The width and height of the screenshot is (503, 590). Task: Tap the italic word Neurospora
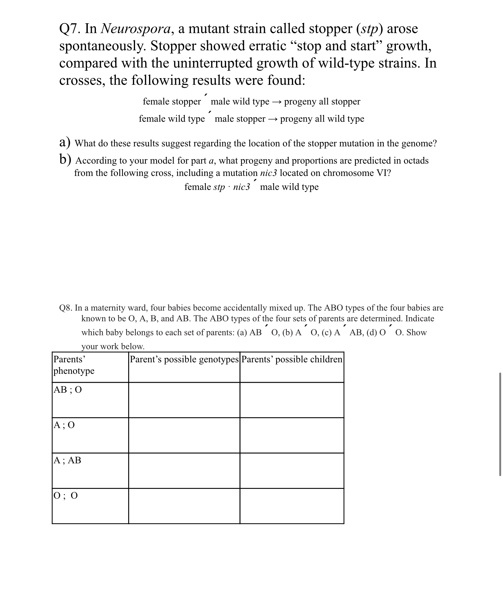pyautogui.click(x=136, y=29)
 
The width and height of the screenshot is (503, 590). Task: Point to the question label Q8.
pyautogui.click(x=66, y=308)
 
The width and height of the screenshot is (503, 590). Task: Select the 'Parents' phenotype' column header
pyautogui.click(x=74, y=365)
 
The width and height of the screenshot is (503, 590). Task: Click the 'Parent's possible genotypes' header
pyautogui.click(x=184, y=359)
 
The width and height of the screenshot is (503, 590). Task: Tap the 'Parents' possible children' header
pyautogui.click(x=292, y=359)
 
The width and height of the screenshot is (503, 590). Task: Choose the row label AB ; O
pyautogui.click(x=68, y=390)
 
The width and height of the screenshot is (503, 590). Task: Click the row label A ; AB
pyautogui.click(x=67, y=460)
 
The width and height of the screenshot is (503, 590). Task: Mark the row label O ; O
pyautogui.click(x=66, y=496)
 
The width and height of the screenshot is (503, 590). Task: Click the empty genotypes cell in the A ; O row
pyautogui.click(x=184, y=435)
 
